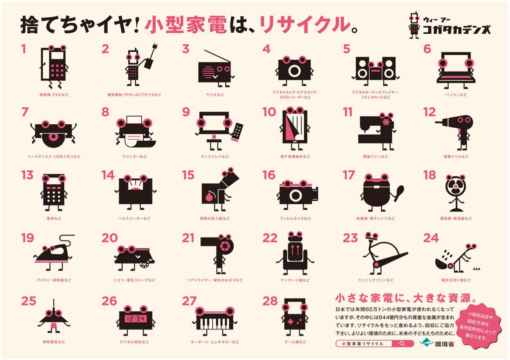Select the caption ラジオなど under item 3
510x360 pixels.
click(x=215, y=95)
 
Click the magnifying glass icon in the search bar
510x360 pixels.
click(x=402, y=343)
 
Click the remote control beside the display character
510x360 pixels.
click(x=238, y=130)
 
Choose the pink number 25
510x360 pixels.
click(x=28, y=301)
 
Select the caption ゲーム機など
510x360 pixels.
click(x=295, y=342)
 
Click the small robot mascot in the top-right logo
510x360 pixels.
click(x=414, y=25)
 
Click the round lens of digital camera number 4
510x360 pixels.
click(x=294, y=71)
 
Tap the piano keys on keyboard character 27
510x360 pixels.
click(x=214, y=323)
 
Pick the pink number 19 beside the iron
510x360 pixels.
click(x=27, y=238)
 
